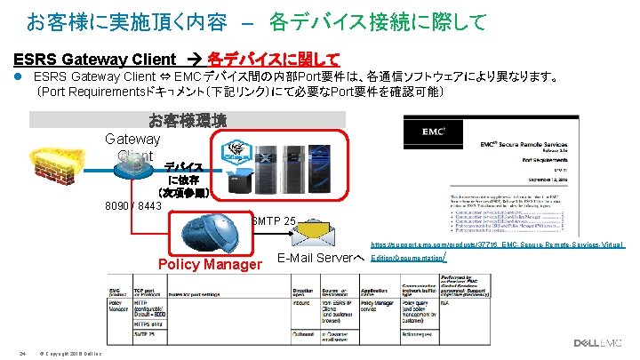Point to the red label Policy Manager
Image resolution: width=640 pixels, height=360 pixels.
pos(208,264)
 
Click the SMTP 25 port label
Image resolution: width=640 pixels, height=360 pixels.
pos(274,219)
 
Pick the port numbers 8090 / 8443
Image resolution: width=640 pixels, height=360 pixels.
pos(133,206)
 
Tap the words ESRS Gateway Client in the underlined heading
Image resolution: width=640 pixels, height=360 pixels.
pos(95,60)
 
